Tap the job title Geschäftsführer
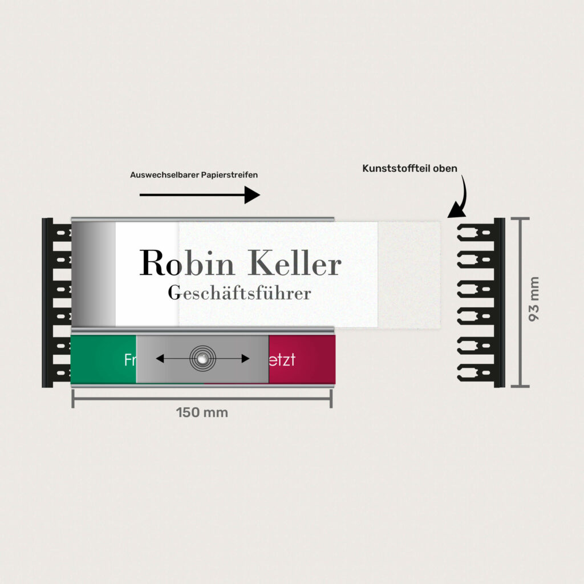point(240,293)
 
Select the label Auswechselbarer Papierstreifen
point(194,175)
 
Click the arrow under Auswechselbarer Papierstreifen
point(200,195)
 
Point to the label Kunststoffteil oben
point(409,169)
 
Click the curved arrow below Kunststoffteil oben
point(460,197)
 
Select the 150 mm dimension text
point(202,412)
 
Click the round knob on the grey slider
point(203,358)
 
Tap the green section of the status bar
point(103,359)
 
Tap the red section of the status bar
point(302,359)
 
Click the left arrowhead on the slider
point(160,359)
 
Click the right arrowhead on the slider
point(245,359)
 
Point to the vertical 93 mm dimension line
point(520,302)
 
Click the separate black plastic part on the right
point(482,302)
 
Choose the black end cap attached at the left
point(55,302)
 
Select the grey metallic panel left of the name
point(94,274)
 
